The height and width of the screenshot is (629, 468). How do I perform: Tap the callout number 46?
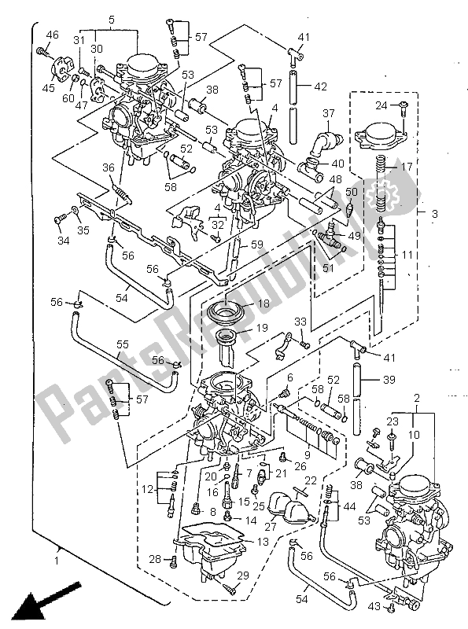click(x=53, y=35)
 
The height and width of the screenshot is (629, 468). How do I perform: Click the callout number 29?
click(x=241, y=577)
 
